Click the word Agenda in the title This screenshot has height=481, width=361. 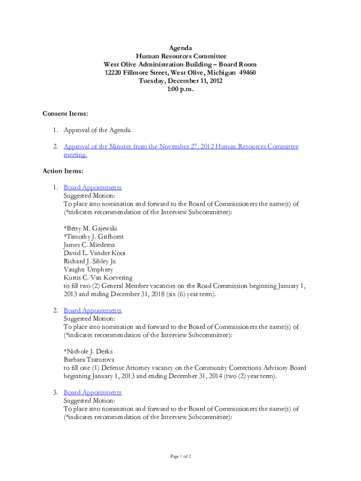coord(180,48)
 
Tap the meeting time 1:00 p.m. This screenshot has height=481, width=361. coord(180,89)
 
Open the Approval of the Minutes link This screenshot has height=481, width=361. coord(181,147)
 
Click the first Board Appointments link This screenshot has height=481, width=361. coord(92,187)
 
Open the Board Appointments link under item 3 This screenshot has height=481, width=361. coord(92,392)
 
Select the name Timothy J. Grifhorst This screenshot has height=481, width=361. coord(93,237)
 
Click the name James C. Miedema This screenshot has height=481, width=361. coord(89,245)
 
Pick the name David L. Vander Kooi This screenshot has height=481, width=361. coord(94,253)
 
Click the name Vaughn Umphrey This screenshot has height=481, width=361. coord(88,270)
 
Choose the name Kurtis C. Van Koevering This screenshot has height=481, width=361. coord(98,278)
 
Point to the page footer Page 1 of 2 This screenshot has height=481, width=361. coord(180,457)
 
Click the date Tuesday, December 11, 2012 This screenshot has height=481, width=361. coord(180,81)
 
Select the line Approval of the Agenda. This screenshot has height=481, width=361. coord(101,130)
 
